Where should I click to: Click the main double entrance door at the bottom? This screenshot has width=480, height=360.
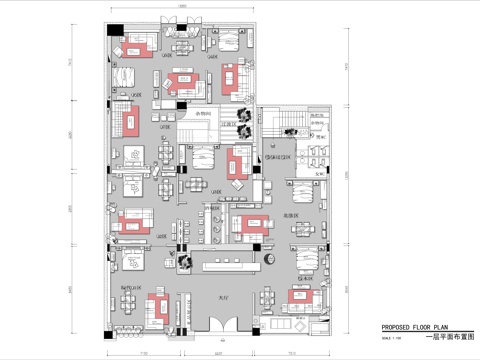point(227,325)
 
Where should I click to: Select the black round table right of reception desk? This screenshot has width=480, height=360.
point(270,261)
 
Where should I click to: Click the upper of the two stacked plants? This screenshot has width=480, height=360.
point(242,113)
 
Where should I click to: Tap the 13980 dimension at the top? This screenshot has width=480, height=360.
point(181,8)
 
